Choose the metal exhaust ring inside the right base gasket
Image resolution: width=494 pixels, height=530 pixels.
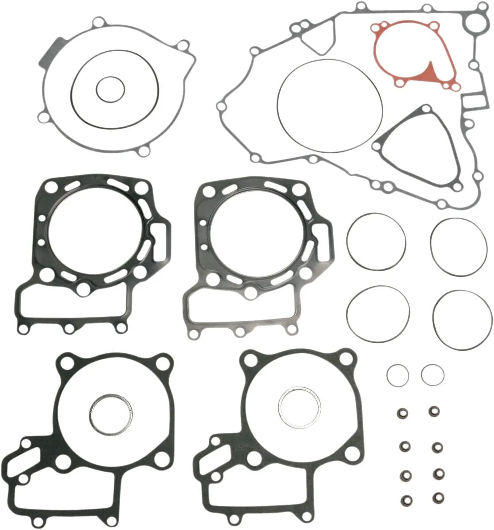pos(299,408)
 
